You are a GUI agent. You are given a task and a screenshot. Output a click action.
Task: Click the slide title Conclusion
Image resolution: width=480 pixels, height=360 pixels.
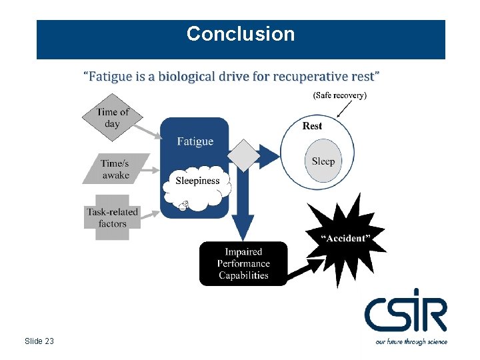tap(240, 34)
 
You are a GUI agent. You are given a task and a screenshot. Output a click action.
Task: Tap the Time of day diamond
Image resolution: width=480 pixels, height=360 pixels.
tap(113, 118)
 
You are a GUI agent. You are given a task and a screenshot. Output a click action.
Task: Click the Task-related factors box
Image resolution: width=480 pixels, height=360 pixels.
tap(112, 217)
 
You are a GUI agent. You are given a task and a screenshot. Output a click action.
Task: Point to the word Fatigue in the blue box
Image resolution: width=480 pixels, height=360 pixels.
tap(195, 141)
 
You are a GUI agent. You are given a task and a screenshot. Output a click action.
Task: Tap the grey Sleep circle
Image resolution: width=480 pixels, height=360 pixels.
tap(323, 161)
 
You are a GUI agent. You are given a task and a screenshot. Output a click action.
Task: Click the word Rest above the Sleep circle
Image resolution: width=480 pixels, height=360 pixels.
tap(312, 126)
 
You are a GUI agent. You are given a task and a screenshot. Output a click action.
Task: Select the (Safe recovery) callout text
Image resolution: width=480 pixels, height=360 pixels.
tap(339, 95)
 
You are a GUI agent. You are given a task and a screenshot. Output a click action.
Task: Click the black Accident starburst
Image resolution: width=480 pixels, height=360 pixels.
tap(344, 237)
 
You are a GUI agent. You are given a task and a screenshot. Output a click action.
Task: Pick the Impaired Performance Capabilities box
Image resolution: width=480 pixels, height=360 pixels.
tap(243, 263)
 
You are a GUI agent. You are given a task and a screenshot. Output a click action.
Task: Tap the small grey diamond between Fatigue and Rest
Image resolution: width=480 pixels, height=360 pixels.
tap(246, 156)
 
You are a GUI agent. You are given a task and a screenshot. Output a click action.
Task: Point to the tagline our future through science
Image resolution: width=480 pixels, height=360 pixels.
tap(411, 341)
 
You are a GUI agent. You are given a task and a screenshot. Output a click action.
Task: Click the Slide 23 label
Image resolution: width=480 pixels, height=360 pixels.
tap(39, 341)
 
